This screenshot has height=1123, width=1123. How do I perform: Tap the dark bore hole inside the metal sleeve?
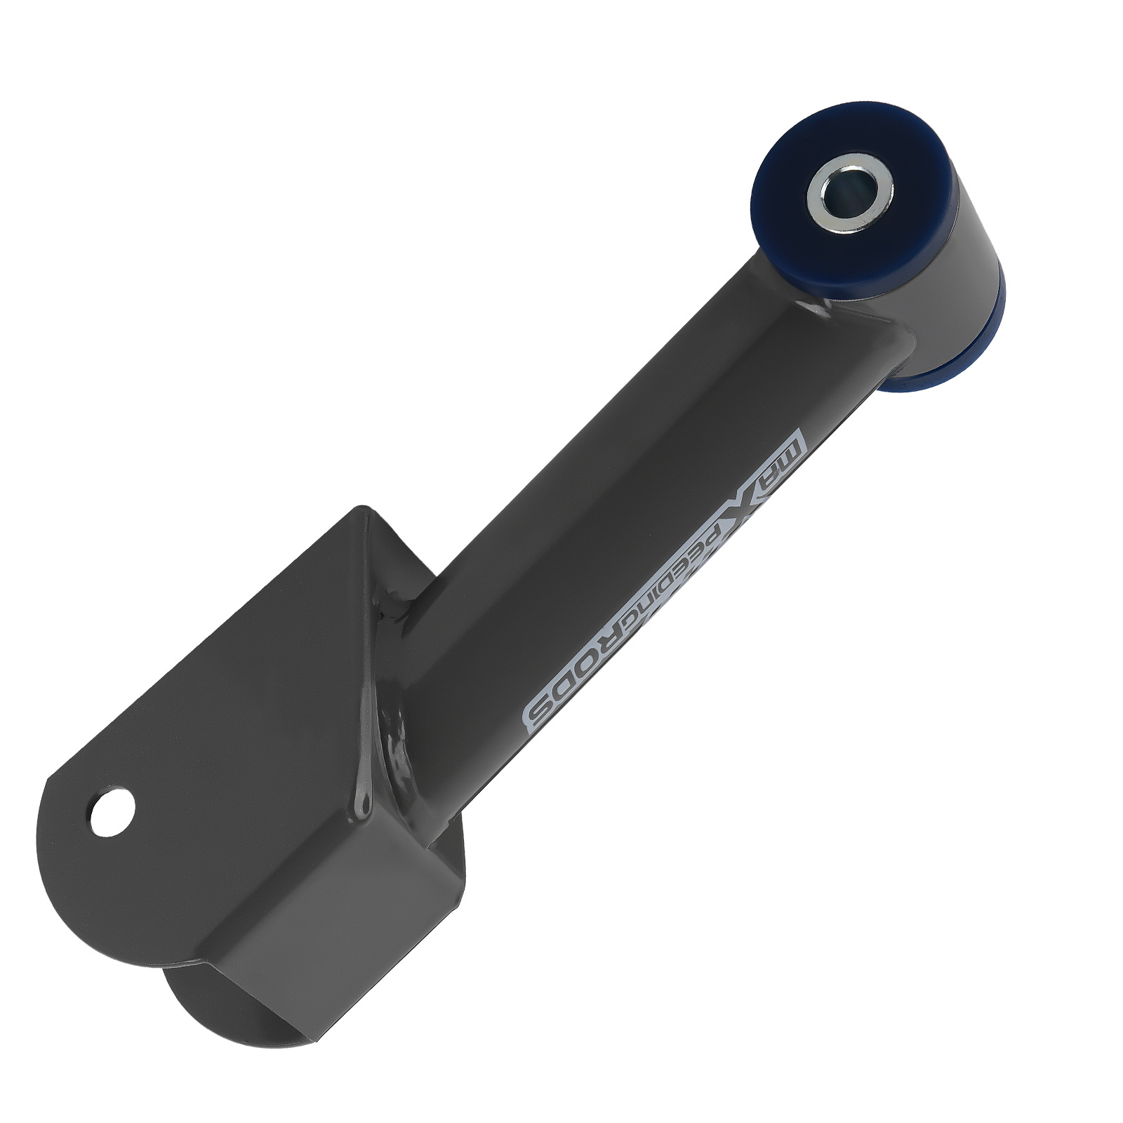coord(849,194)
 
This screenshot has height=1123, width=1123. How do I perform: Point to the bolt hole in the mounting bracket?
coord(112,811)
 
